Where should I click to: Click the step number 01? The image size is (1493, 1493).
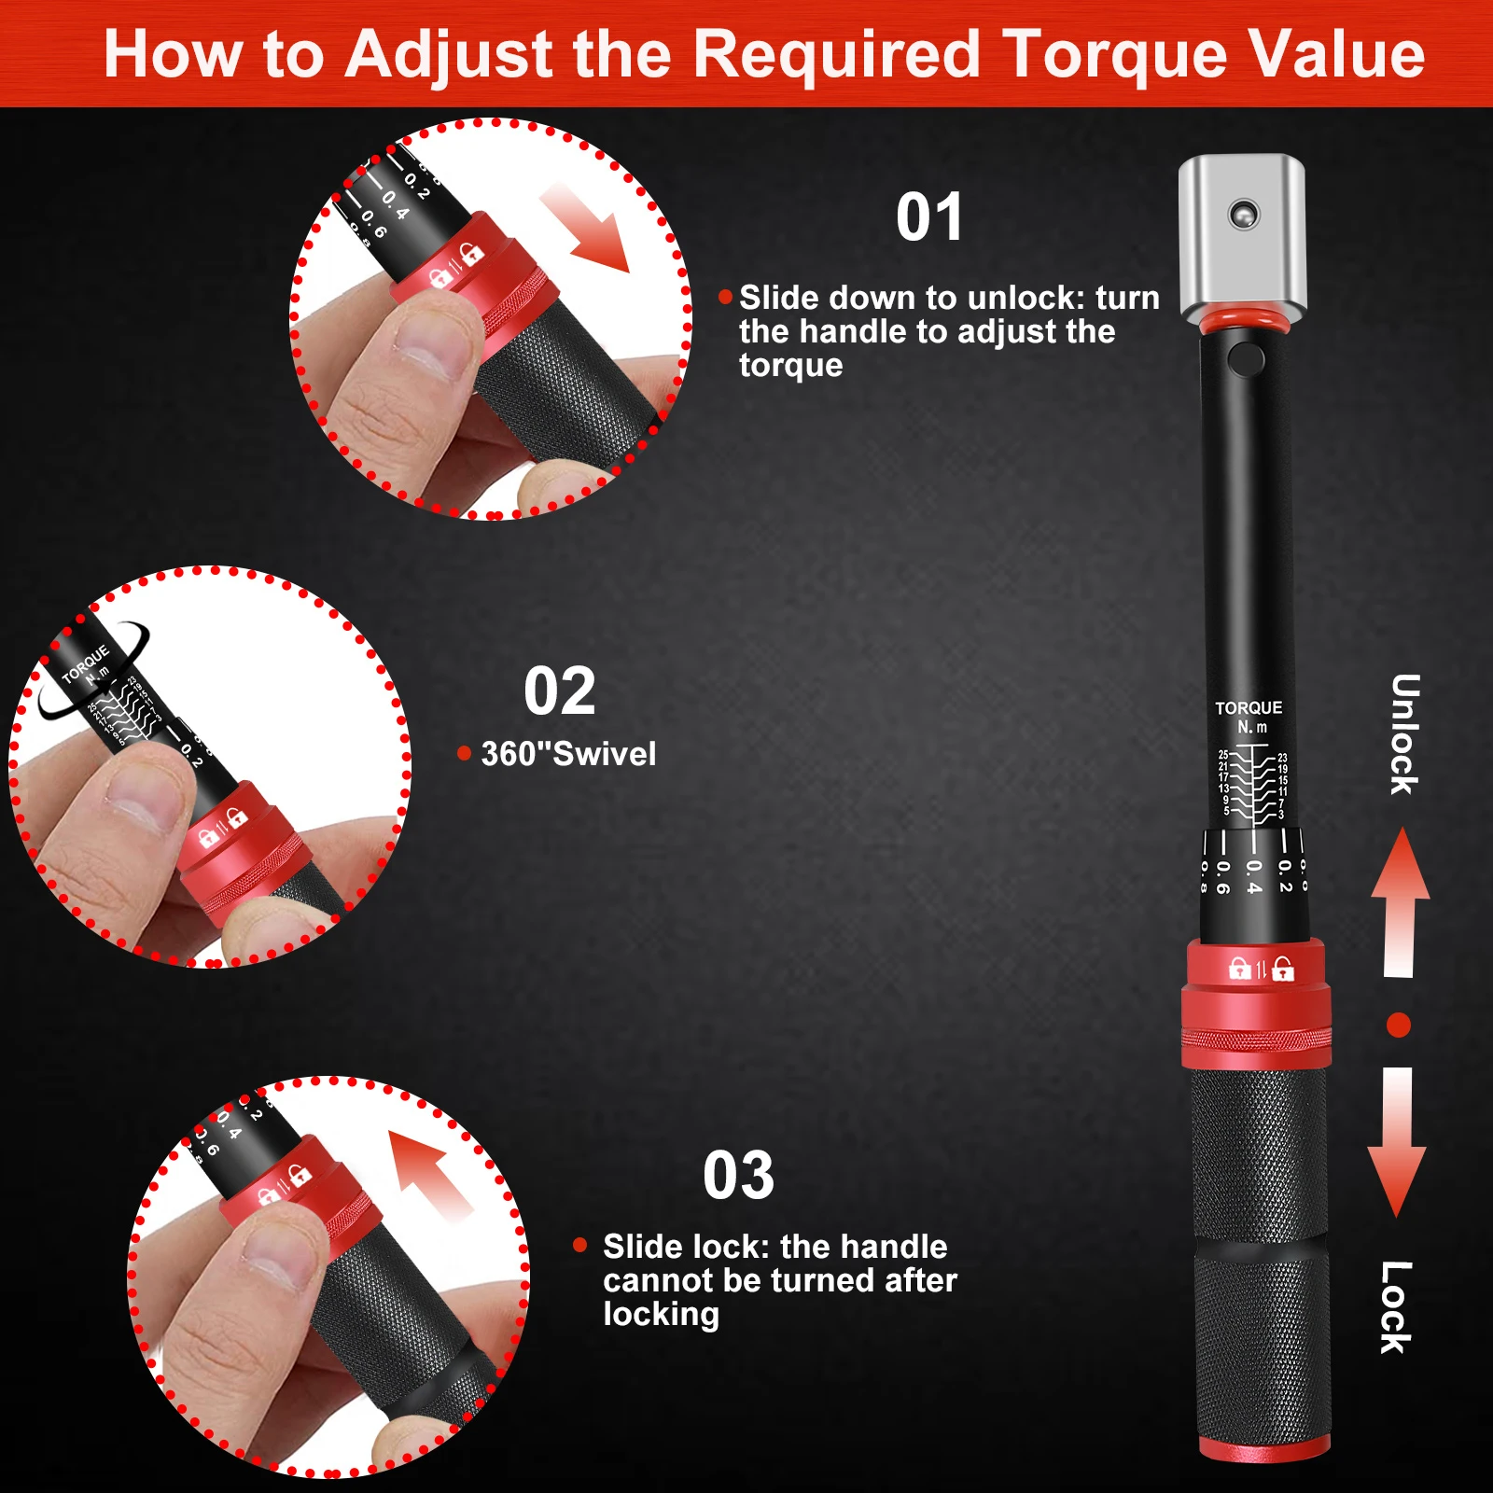point(928,217)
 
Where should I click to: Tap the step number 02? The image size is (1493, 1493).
point(559,691)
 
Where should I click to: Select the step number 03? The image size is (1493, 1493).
point(738,1176)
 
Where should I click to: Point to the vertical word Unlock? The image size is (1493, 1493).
point(1404,734)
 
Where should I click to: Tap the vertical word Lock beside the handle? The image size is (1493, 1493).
point(1396,1307)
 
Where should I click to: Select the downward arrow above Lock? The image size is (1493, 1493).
point(1397,1143)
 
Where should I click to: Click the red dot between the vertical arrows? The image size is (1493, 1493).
point(1398,1026)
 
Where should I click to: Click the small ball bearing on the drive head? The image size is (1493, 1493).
point(1243,214)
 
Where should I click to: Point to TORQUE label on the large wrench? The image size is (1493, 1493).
point(1249,708)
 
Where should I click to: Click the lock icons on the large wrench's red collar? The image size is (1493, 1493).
point(1261,970)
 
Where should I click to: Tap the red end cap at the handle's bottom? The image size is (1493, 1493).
point(1263,1449)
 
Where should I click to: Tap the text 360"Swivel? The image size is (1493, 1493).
point(568,754)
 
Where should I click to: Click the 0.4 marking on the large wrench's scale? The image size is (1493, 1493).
point(1253,876)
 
